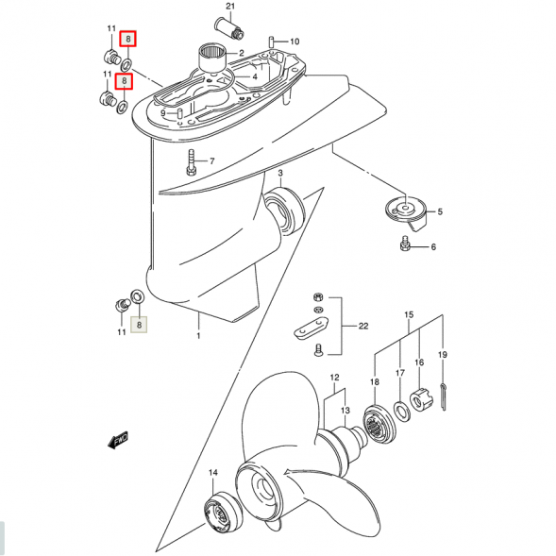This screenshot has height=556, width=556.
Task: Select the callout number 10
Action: [294, 42]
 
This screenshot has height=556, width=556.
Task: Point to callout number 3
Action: [280, 173]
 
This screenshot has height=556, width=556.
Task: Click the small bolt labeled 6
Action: [404, 246]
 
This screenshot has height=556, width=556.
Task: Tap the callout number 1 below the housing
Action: [198, 335]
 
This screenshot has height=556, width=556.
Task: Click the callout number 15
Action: [409, 314]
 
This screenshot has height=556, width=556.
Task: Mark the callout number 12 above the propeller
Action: [333, 378]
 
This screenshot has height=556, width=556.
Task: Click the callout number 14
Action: [213, 472]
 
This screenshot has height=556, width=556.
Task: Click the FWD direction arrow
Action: [120, 440]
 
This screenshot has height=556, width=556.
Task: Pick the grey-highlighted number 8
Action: [140, 325]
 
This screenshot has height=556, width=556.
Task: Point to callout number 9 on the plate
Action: [162, 113]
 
